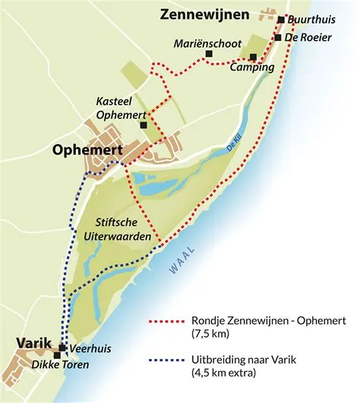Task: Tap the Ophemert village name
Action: pyautogui.click(x=87, y=150)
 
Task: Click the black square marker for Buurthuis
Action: pyautogui.click(x=281, y=20)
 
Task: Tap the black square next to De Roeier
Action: pyautogui.click(x=278, y=37)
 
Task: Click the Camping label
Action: pyautogui.click(x=254, y=68)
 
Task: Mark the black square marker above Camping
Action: pyautogui.click(x=253, y=57)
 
